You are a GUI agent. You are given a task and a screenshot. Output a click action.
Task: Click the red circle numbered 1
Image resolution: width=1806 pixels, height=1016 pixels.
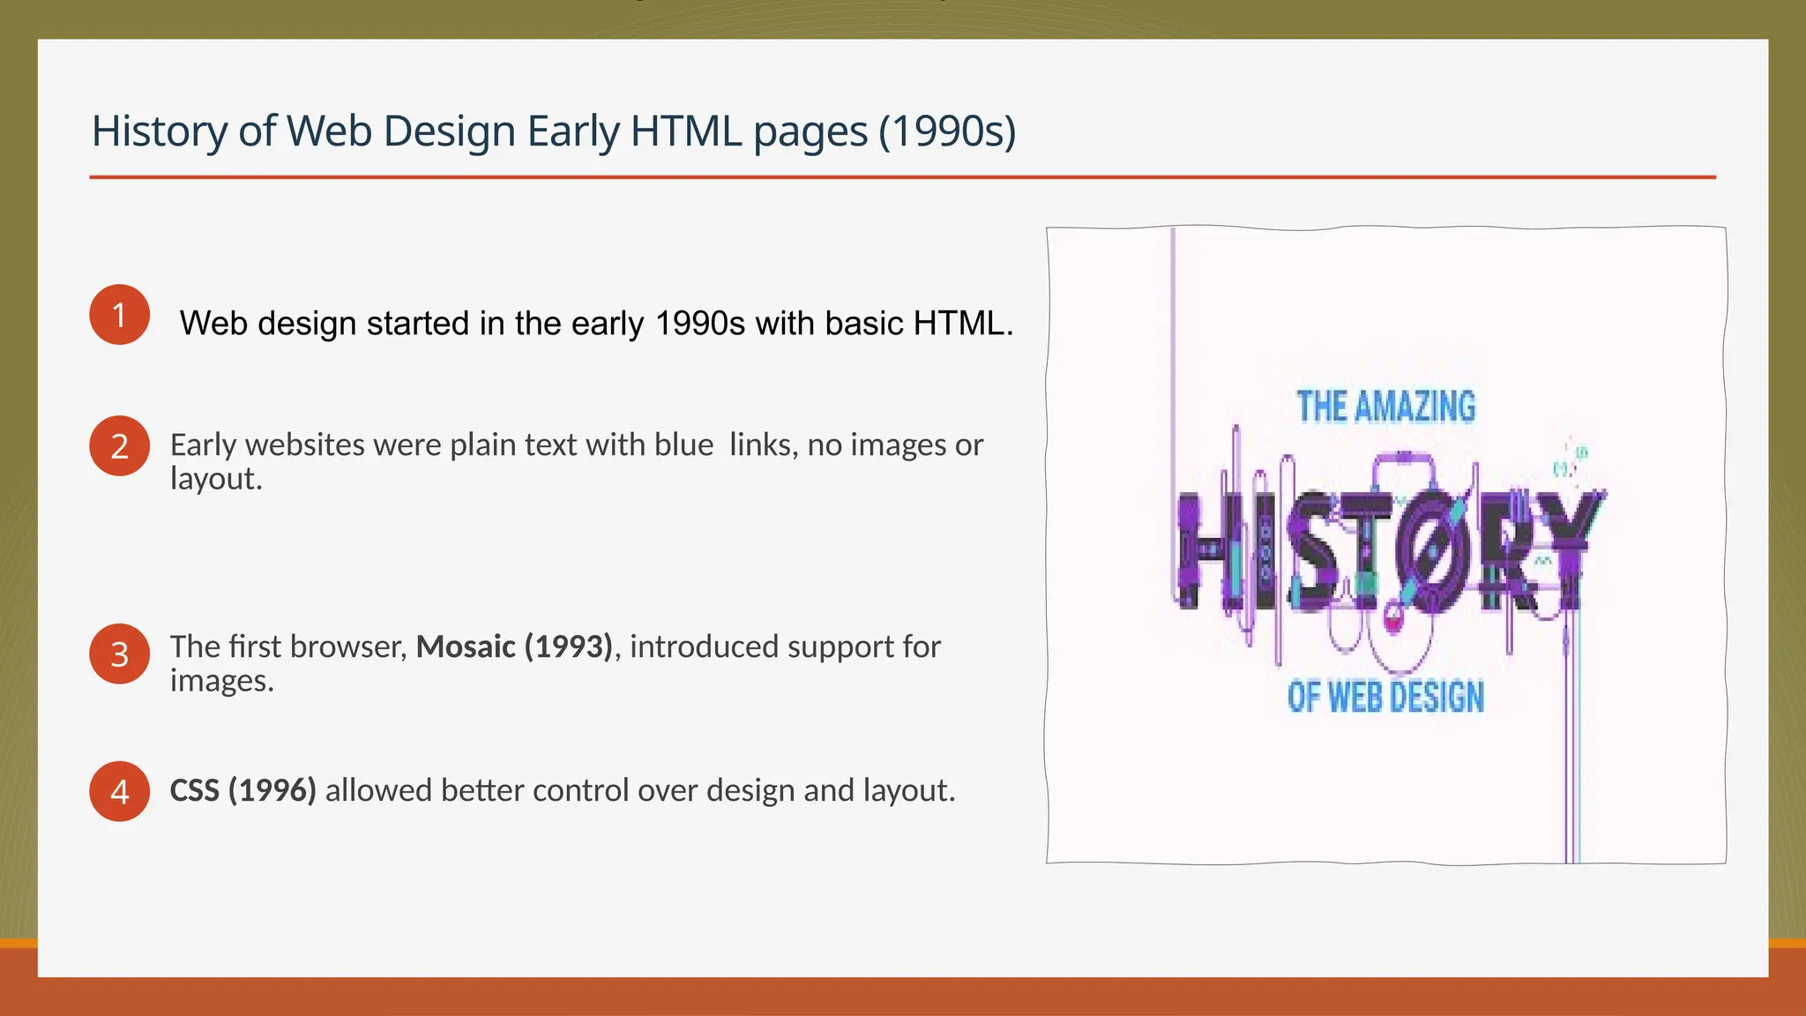(119, 315)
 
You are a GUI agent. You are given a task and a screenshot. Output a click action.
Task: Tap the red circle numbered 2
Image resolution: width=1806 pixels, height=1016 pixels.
(119, 446)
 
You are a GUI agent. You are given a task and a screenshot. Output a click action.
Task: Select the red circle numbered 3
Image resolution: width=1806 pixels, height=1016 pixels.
(119, 654)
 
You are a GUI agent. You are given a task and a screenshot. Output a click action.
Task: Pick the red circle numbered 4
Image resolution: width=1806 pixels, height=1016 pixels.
(119, 791)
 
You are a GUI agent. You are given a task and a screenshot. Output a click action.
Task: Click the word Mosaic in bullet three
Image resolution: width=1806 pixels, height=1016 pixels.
(466, 646)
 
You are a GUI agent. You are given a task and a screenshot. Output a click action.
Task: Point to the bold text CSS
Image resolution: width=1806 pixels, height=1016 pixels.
(194, 790)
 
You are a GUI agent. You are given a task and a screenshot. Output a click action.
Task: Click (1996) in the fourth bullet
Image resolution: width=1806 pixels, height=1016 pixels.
(272, 790)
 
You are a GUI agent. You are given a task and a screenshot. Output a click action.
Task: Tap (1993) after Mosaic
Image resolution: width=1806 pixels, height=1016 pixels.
(568, 646)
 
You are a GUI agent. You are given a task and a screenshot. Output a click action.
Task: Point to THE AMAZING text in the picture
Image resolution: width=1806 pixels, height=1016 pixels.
(1385, 407)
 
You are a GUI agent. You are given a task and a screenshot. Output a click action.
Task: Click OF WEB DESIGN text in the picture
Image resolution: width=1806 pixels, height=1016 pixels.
(1385, 697)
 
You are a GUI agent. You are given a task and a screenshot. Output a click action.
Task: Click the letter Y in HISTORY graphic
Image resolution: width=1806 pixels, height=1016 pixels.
(1574, 551)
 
